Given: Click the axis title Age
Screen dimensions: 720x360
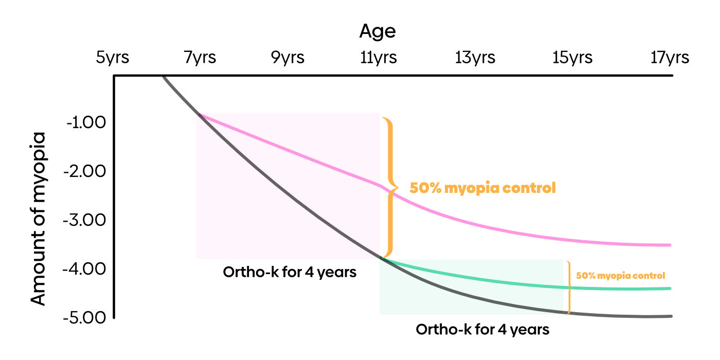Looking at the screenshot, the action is point(377,32).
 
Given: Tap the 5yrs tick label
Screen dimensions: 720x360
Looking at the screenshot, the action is point(113,58).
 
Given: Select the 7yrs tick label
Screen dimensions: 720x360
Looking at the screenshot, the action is point(200,58).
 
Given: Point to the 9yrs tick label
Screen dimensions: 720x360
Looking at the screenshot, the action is point(287,58).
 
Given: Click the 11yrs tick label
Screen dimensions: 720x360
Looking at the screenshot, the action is point(379,58).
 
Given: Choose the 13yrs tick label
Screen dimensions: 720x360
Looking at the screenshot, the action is point(475,58).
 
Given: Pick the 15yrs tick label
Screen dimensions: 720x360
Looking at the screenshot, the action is point(572,58).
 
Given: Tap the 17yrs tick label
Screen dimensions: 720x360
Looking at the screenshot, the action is point(670,58).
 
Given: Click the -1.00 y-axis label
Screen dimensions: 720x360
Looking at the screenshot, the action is point(86,122).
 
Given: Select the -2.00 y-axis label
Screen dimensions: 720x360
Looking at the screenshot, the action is point(84,171).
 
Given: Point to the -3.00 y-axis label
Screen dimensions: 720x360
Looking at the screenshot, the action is point(84,220).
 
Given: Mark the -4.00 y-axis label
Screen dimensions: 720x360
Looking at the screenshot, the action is point(84,269).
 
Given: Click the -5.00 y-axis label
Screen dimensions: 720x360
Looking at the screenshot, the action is point(84,318).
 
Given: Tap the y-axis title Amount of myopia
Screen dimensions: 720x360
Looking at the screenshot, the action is point(39,219).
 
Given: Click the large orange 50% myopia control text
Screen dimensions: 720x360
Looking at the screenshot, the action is point(483,188).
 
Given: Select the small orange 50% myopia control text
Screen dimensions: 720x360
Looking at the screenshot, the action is point(620,276).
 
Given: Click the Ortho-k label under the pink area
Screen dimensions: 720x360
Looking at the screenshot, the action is point(290,273).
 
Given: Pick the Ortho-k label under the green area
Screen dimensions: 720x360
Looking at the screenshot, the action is point(482,330).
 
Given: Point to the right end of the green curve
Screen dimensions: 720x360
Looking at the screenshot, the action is point(670,289).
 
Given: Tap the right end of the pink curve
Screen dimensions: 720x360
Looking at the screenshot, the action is point(670,245).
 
